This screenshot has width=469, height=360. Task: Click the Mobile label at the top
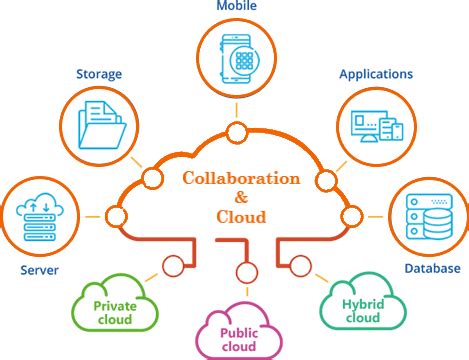point(236,7)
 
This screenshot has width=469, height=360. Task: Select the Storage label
point(99,73)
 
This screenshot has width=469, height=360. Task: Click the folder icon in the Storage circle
point(100,124)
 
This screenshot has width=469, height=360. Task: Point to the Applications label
point(377,74)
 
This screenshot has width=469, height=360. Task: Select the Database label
point(432,268)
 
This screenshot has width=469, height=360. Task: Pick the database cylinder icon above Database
point(427,215)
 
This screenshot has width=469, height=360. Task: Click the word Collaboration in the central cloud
point(240,179)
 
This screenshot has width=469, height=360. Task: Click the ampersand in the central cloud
point(240,198)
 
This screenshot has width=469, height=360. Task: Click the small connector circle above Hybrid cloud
point(300,264)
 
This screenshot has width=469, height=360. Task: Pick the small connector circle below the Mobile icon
point(236,130)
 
